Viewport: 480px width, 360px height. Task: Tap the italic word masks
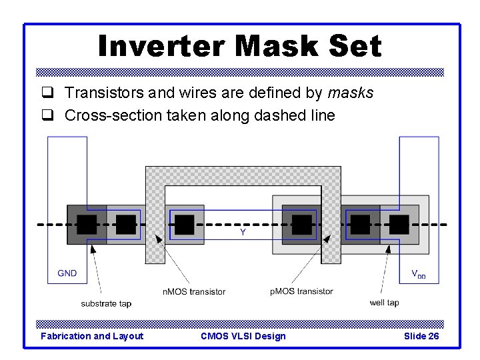[351, 93]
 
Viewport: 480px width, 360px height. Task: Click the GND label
[67, 273]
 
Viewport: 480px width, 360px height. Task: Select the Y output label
[243, 233]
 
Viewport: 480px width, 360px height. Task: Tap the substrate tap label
[106, 304]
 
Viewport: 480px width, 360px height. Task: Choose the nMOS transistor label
[193, 291]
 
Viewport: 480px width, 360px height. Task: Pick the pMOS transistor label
[302, 291]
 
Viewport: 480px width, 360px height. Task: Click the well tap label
[384, 303]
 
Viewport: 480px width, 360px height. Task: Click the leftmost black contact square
[86, 225]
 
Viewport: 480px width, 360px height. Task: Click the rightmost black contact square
[399, 225]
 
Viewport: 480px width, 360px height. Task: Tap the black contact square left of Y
[184, 225]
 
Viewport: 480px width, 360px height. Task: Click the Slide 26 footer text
[421, 336]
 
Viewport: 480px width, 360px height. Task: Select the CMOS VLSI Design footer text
[243, 336]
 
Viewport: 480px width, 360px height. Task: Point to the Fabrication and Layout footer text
[92, 336]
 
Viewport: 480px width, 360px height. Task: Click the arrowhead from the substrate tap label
[93, 249]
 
